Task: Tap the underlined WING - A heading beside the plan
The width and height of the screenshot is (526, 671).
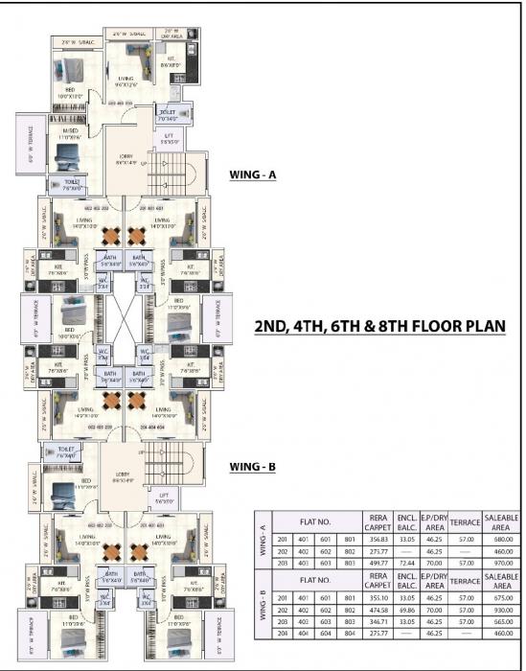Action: [x=253, y=175]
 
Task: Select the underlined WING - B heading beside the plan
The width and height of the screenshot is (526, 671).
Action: [x=253, y=467]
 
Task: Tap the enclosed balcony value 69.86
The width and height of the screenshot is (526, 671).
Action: [x=407, y=609]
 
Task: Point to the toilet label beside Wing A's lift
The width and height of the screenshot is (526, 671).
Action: [x=167, y=114]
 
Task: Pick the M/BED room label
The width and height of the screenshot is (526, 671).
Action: [x=71, y=133]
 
